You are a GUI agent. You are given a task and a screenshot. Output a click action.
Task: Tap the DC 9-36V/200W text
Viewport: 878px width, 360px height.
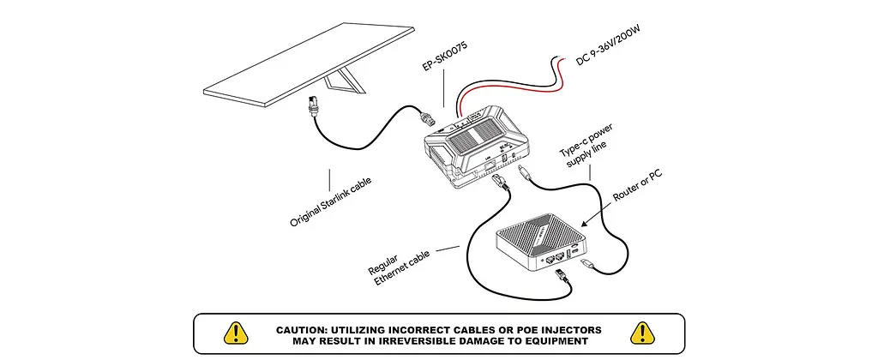point(608,45)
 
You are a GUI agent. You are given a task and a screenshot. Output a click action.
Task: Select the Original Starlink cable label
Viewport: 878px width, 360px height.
point(330,202)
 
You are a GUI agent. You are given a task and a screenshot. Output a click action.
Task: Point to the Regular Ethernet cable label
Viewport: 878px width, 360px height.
point(398,267)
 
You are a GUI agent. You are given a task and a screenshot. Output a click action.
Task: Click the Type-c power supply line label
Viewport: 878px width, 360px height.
point(586,145)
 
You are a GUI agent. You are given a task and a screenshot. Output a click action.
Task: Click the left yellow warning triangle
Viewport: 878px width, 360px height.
point(236,333)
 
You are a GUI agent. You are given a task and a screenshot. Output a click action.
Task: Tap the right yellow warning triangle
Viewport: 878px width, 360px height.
point(642,333)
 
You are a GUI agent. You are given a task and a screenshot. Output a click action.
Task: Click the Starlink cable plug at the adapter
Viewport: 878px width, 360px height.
point(429,117)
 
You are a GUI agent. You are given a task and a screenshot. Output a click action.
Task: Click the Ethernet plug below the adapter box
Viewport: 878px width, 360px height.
point(500,183)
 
